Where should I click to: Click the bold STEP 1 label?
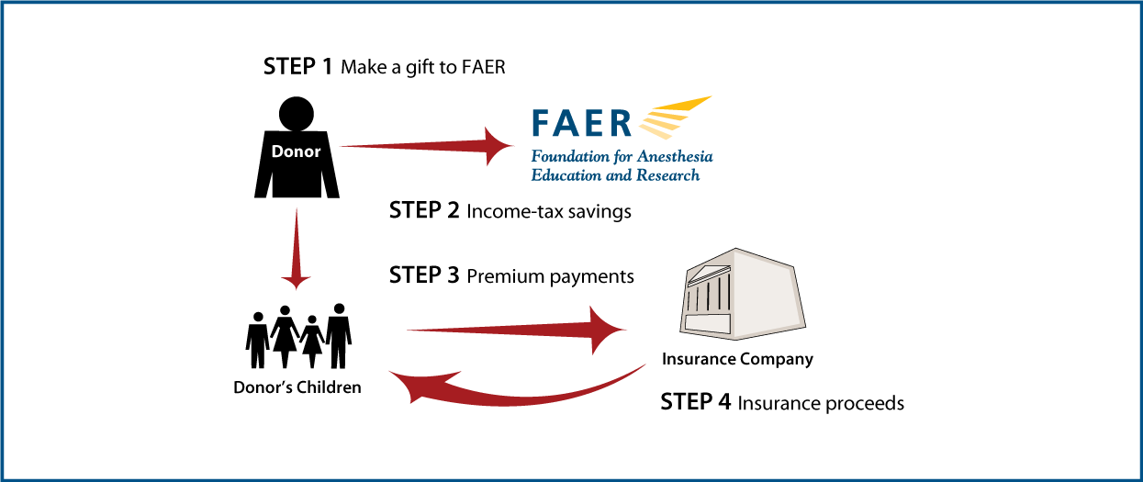(x=297, y=66)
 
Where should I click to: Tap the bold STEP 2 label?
(x=424, y=210)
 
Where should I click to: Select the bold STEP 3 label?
(x=424, y=275)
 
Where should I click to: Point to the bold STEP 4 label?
(x=696, y=401)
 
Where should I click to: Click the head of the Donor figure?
(x=297, y=113)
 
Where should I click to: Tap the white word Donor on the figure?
(x=296, y=151)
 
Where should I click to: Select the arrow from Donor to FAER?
(x=427, y=146)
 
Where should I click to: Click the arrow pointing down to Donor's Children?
(x=296, y=249)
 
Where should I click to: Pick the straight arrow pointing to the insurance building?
(x=516, y=330)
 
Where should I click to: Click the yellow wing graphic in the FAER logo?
(x=675, y=118)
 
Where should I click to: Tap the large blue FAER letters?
(x=582, y=122)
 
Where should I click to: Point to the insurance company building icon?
(x=743, y=295)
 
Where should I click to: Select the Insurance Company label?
(x=737, y=359)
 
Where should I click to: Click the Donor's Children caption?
(x=297, y=387)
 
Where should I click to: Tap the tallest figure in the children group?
(x=339, y=336)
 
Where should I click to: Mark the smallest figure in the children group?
(x=312, y=342)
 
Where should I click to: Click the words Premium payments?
(x=550, y=276)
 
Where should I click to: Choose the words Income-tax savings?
(x=549, y=212)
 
